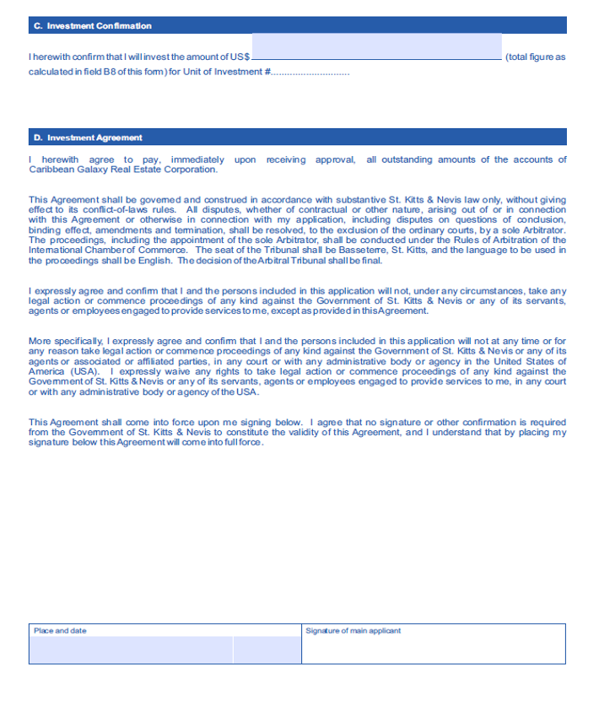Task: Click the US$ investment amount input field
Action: [376, 47]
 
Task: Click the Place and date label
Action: [60, 631]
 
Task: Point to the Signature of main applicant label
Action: [353, 631]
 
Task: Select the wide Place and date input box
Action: [131, 650]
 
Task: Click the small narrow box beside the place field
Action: [267, 650]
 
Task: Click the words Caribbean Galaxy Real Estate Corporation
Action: [122, 170]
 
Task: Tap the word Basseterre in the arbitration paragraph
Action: [410, 250]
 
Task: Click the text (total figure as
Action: [535, 57]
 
